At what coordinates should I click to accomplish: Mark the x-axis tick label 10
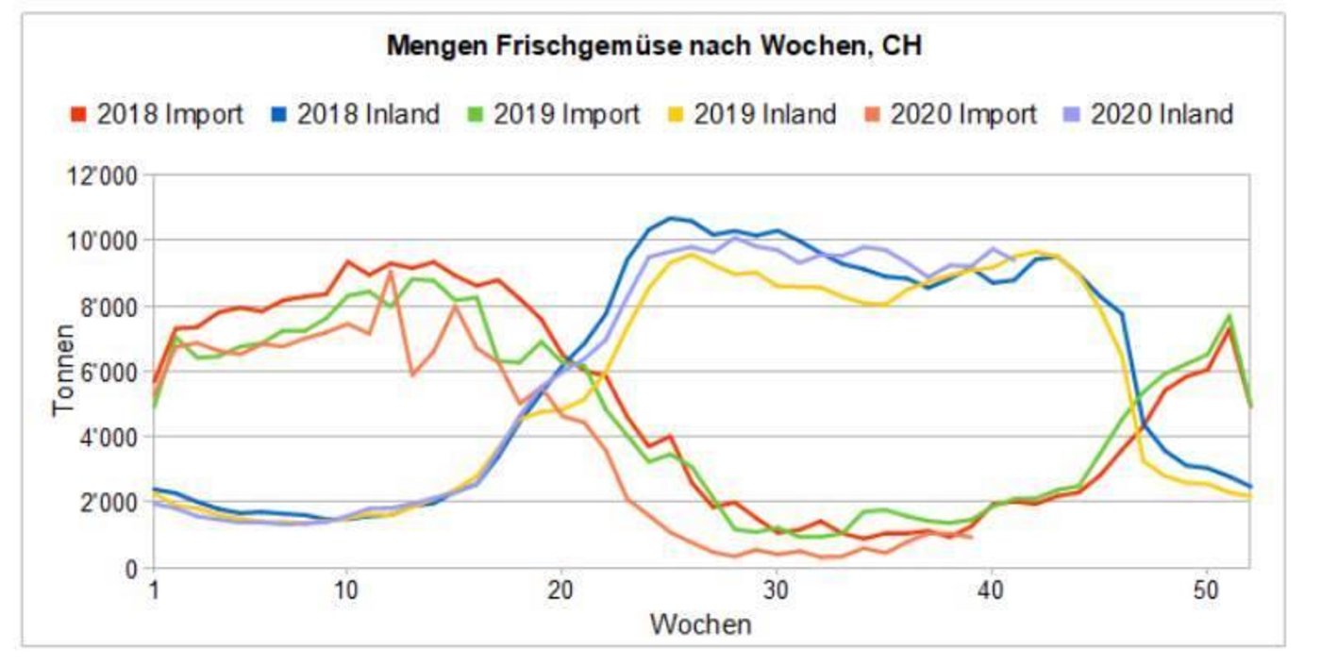click(346, 591)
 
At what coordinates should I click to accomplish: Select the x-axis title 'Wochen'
click(700, 623)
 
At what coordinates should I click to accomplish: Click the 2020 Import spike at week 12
click(390, 273)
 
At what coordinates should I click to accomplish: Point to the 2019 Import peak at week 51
click(1229, 315)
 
